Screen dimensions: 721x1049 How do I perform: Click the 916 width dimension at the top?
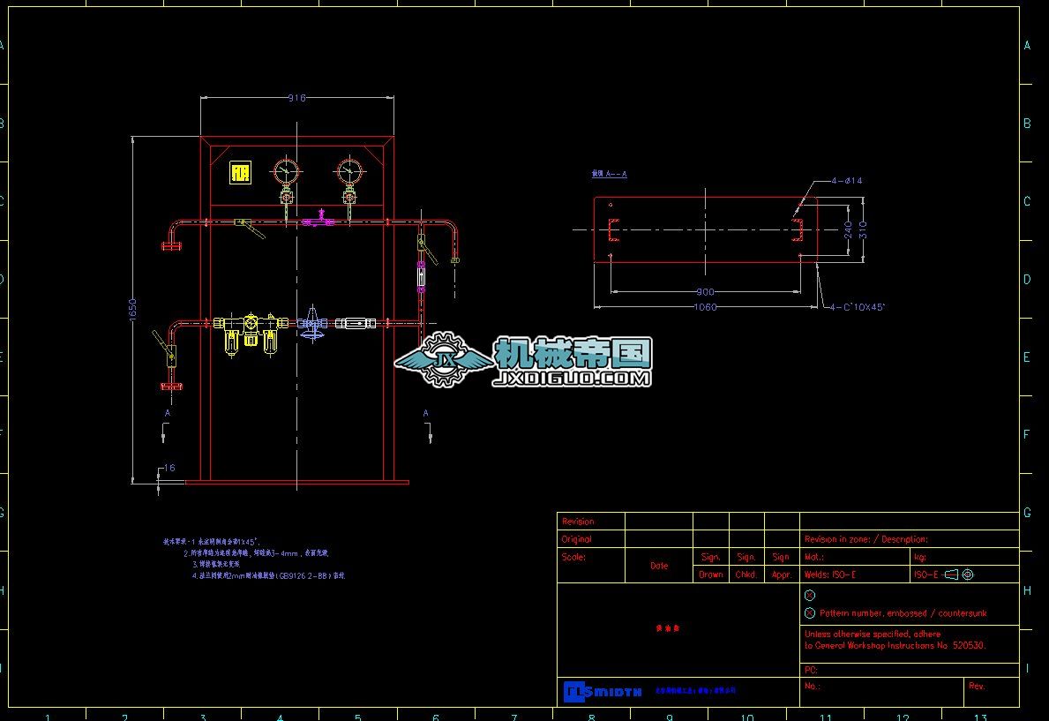(x=297, y=98)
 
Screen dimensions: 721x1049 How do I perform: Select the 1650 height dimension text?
(x=132, y=308)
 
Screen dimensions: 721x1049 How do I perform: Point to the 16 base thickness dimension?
(x=169, y=468)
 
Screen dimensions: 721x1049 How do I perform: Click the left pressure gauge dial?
(x=286, y=170)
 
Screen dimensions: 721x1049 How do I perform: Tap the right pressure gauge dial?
(x=349, y=170)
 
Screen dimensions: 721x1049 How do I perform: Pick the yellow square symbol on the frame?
(x=240, y=173)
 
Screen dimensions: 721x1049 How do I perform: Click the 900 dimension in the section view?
(x=706, y=291)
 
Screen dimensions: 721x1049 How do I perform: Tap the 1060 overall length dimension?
(x=706, y=307)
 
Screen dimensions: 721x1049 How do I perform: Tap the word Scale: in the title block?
(x=573, y=557)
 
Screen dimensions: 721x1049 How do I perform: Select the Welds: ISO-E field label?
(x=830, y=575)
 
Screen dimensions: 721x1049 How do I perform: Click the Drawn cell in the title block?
(x=710, y=575)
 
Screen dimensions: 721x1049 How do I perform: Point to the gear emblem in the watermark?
(x=446, y=359)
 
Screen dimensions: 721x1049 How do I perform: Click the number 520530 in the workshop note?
(x=967, y=645)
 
